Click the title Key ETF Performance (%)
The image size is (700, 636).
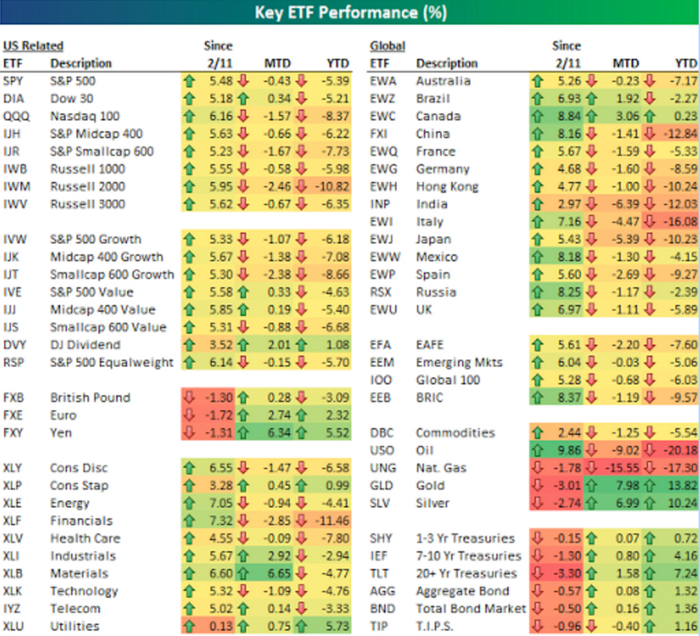pos(350,12)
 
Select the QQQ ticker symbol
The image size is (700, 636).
pos(14,116)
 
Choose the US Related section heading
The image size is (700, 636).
pos(33,46)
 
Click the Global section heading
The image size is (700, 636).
pos(388,46)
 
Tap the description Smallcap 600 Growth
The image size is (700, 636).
pos(112,275)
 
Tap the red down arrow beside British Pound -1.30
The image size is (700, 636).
pos(189,398)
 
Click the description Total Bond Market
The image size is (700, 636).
pos(471,609)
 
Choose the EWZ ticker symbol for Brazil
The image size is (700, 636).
pos(382,98)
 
